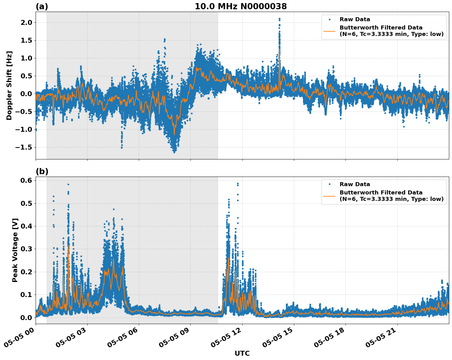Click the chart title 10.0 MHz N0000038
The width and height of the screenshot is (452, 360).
point(241,6)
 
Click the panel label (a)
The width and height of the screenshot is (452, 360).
point(42,6)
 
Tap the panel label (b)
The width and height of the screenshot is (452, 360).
point(42,172)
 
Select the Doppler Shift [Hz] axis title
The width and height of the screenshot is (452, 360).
point(9,85)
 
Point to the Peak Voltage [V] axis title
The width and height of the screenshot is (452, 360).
point(15,250)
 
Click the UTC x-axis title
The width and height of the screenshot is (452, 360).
point(242,353)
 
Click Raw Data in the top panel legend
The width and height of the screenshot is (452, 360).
point(355,19)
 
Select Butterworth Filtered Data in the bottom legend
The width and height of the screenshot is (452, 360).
point(381,193)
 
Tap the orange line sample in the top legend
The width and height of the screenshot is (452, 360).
point(329,31)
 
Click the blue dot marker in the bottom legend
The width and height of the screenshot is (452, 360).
point(329,184)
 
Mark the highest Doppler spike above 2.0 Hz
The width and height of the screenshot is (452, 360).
point(279,19)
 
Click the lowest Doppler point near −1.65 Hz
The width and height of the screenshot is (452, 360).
point(174,152)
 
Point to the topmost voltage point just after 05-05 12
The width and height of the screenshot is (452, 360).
point(238,183)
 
